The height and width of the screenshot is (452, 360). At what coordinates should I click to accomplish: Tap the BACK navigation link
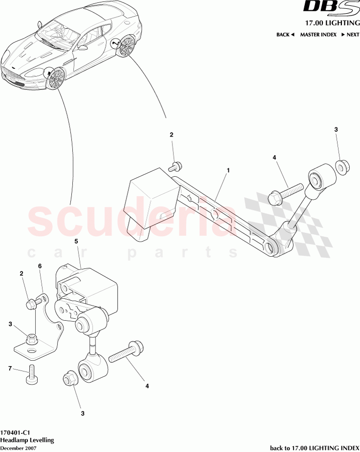tap(285, 35)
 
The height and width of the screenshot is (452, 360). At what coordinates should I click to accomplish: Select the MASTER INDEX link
tap(318, 35)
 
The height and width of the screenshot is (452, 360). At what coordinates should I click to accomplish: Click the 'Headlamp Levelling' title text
tap(27, 440)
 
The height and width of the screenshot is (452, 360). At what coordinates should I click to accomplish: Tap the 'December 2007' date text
tap(18, 447)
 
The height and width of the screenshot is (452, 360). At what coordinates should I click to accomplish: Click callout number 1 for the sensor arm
tap(228, 171)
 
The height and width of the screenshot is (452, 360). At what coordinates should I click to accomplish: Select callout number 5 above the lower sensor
tap(76, 241)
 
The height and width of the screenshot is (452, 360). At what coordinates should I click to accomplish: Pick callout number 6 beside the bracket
tap(40, 266)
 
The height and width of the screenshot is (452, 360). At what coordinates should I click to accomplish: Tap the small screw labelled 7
tap(33, 375)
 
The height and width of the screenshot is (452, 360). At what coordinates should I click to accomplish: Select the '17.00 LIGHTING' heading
tap(332, 23)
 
